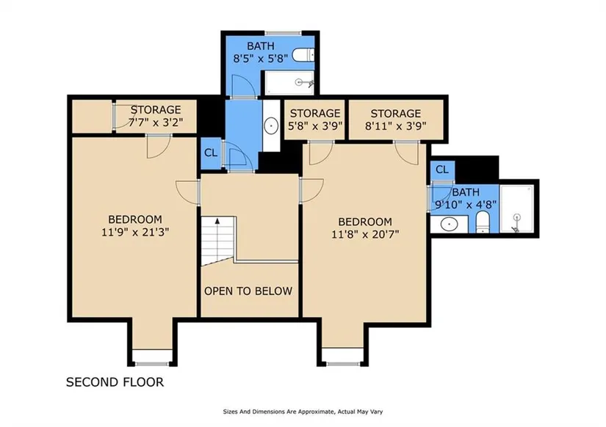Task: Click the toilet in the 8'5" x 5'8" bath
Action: point(303,55)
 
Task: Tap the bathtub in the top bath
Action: point(289,83)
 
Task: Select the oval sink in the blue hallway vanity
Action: point(271,126)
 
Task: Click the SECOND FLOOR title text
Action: point(115,382)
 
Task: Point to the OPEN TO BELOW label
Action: point(248,291)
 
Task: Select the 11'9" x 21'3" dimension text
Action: point(135,233)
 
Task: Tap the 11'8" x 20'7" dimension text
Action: point(365,234)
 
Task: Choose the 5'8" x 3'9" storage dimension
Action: point(315,126)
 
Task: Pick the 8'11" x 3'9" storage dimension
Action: point(396,126)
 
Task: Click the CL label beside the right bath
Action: point(442,169)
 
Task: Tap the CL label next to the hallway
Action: point(211,153)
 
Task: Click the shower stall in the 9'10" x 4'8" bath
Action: point(516,208)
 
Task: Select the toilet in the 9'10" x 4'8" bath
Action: point(483,222)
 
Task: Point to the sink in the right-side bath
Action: point(449,224)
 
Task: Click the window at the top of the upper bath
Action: point(284,33)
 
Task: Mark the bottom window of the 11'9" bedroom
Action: point(151,364)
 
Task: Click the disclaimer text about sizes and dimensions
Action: point(303,412)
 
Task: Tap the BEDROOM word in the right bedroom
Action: point(365,222)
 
